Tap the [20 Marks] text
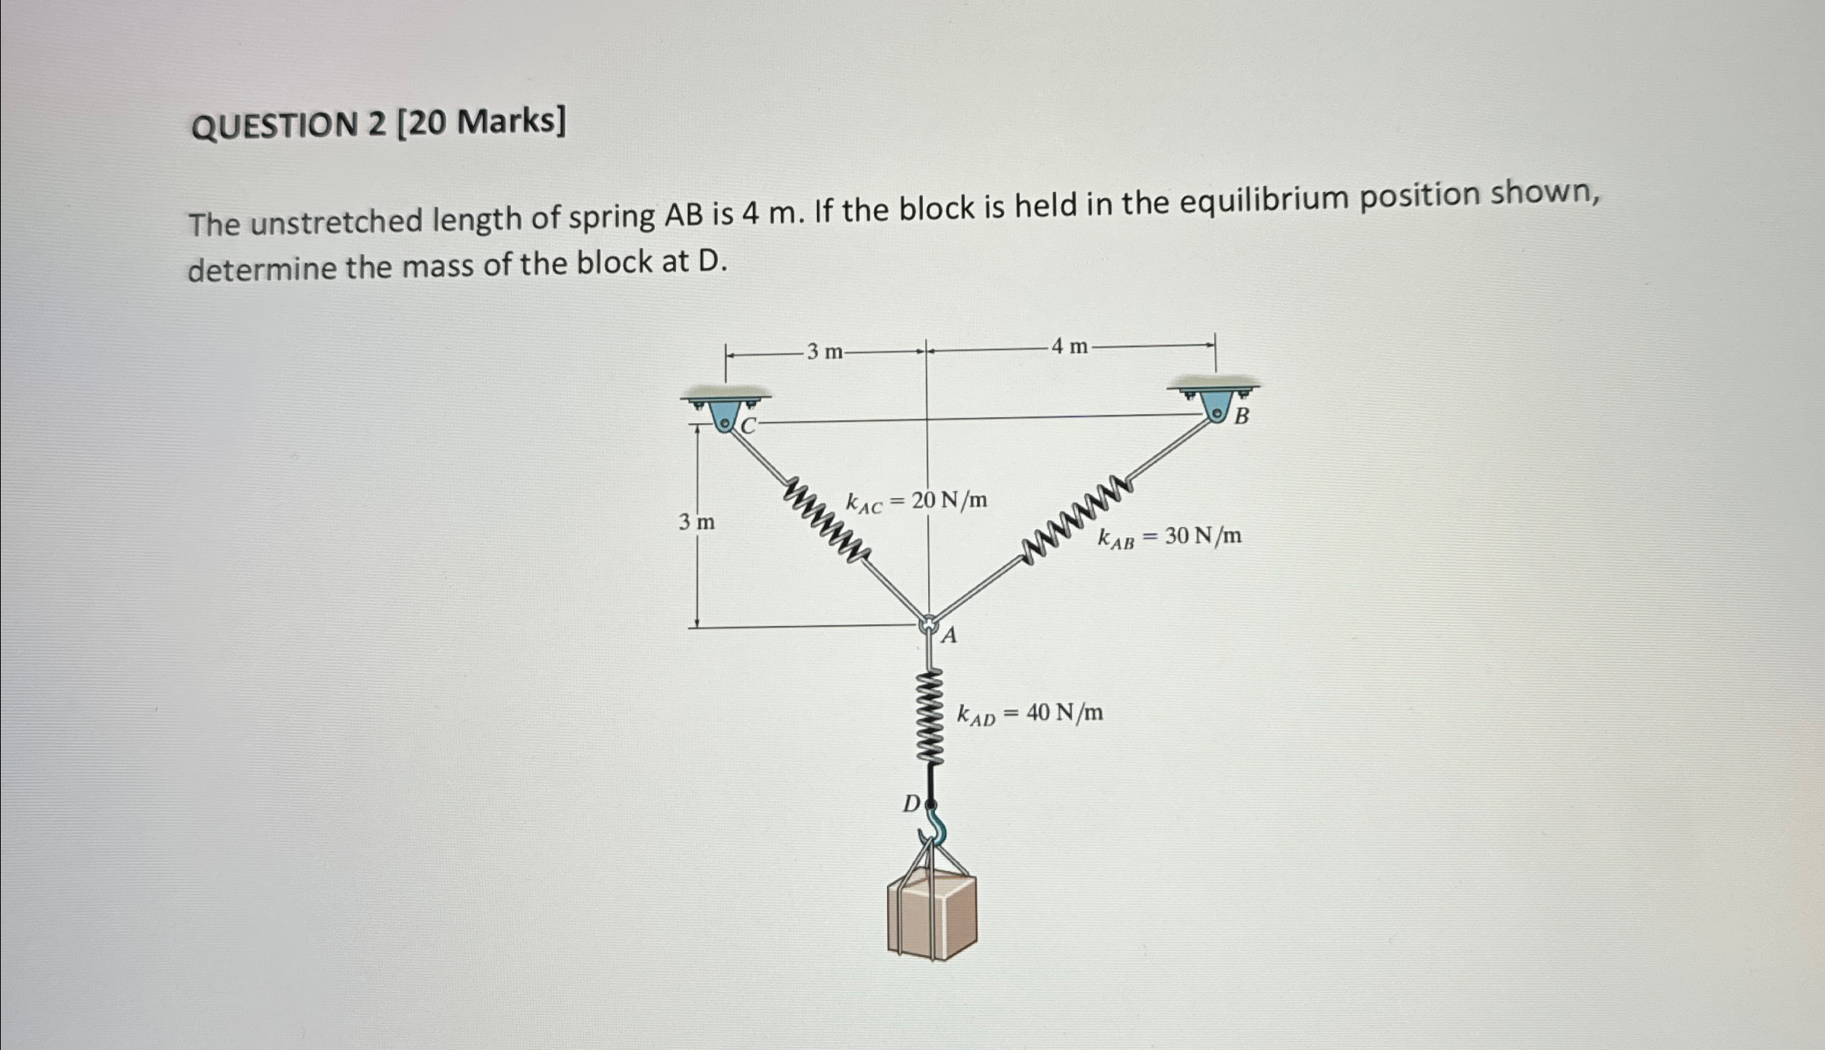pyautogui.click(x=481, y=122)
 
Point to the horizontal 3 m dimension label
pyautogui.click(x=825, y=352)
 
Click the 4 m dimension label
pyautogui.click(x=1070, y=347)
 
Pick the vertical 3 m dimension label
pyautogui.click(x=697, y=522)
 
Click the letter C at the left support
pyautogui.click(x=748, y=426)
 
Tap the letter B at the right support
pyautogui.click(x=1241, y=416)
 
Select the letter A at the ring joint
pyautogui.click(x=949, y=635)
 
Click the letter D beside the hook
pyautogui.click(x=911, y=803)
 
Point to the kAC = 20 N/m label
pyautogui.click(x=916, y=501)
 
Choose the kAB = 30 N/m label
pyautogui.click(x=1169, y=538)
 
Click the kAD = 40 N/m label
pyautogui.click(x=1029, y=714)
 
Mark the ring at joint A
pyautogui.click(x=928, y=624)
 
